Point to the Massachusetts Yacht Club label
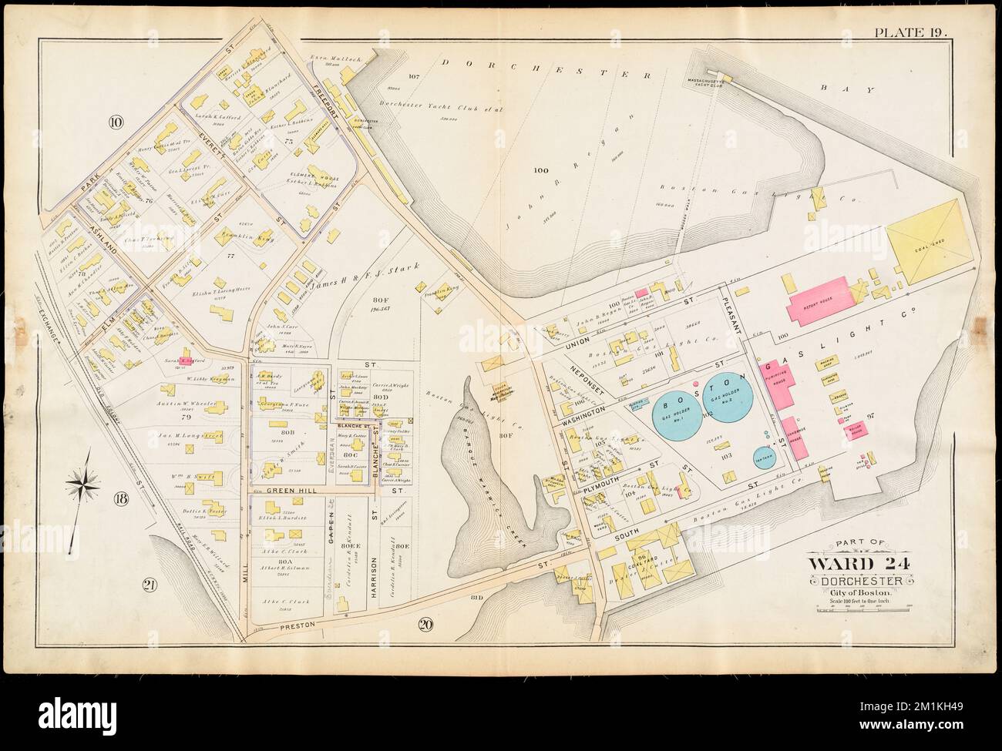(x=708, y=82)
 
